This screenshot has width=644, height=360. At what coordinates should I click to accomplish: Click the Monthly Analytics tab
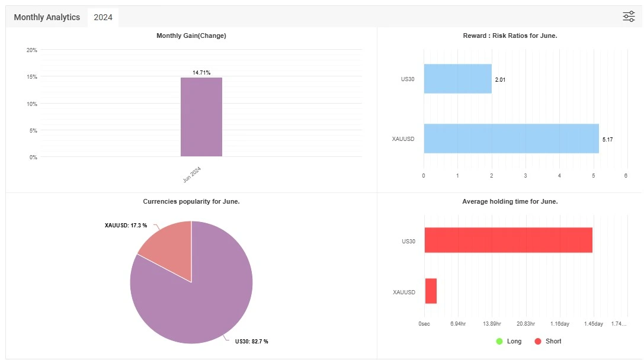(47, 17)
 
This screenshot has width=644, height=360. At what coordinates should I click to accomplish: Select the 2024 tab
(103, 17)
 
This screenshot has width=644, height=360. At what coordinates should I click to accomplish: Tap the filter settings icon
(629, 17)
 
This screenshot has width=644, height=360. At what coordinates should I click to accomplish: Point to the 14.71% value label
(201, 72)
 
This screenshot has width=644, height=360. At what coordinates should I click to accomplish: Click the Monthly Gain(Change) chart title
(191, 36)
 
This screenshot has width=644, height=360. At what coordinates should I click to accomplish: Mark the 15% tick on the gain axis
(31, 77)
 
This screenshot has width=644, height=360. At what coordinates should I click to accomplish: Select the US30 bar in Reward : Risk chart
(457, 79)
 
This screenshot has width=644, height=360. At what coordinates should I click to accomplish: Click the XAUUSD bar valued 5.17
(511, 139)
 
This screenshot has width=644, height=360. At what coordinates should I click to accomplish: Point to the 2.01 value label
(500, 79)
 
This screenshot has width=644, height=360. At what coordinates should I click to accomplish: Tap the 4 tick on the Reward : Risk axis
(559, 176)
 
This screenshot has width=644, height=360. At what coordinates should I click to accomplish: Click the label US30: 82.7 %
(251, 341)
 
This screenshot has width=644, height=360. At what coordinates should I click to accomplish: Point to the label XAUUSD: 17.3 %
(125, 226)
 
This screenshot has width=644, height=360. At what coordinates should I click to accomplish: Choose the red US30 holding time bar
(508, 240)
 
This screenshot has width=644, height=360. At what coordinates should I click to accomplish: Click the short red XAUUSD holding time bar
(431, 291)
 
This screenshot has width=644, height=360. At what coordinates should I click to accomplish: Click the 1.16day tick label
(560, 324)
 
